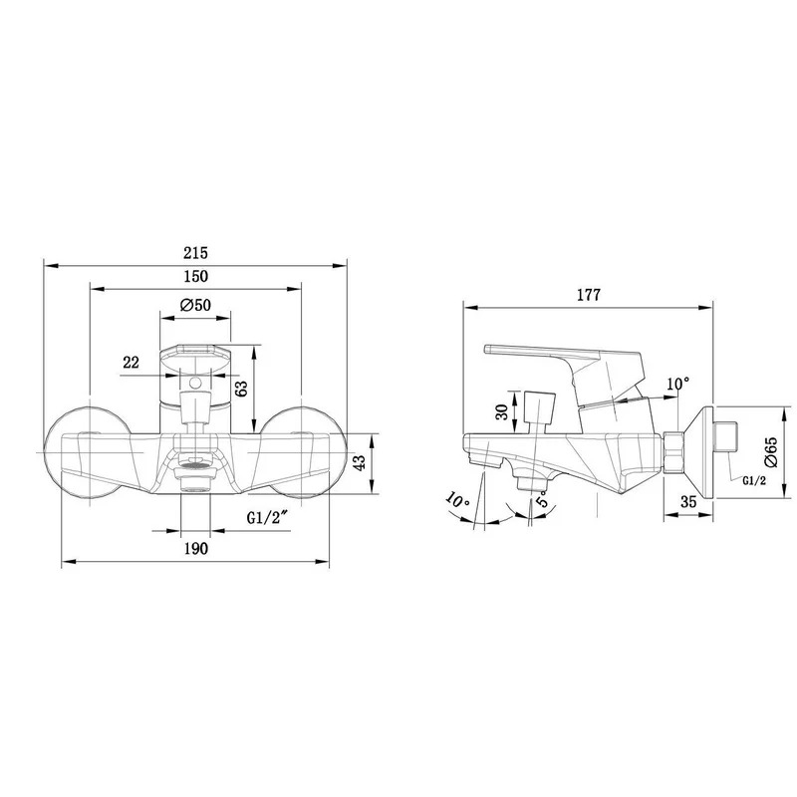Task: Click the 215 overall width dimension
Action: [195, 253]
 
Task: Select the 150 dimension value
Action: [195, 276]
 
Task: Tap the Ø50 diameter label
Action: [195, 305]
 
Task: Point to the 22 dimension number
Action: [132, 363]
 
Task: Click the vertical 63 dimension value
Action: [242, 389]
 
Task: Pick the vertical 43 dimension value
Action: [360, 463]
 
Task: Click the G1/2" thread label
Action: [268, 517]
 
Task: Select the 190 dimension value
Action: [195, 549]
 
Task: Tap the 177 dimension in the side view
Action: [589, 295]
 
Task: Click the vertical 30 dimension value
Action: [502, 411]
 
